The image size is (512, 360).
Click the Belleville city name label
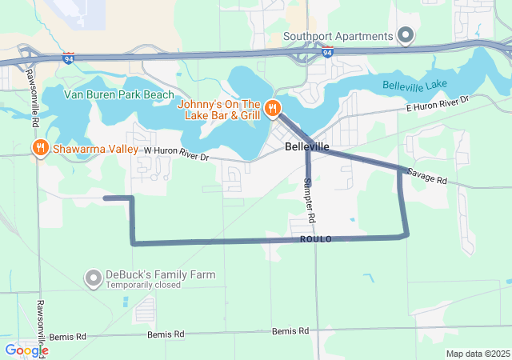tap(307, 147)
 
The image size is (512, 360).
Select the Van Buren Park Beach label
tap(119, 94)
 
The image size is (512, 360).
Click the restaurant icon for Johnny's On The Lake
tap(273, 108)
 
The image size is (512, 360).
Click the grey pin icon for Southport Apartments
tap(406, 35)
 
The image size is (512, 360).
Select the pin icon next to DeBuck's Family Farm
tap(94, 278)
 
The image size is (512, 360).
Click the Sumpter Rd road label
tap(310, 201)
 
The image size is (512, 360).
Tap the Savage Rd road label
tap(426, 176)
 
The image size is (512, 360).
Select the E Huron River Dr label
tap(437, 103)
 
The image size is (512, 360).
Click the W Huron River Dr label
tap(176, 153)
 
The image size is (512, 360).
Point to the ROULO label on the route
tap(316, 239)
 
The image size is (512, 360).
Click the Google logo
tap(26, 350)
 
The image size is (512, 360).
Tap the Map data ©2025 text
tap(478, 354)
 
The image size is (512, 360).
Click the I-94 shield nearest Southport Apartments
tap(326, 52)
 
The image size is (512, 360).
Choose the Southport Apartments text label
tap(338, 36)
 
